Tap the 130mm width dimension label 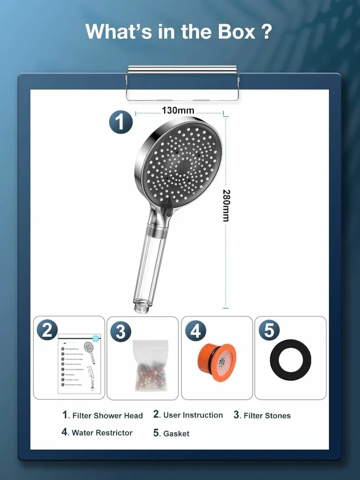[x=178, y=110]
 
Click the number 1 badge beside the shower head [x=121, y=122]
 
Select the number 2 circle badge [x=47, y=331]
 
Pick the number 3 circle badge [x=121, y=332]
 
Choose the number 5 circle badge [x=269, y=331]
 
